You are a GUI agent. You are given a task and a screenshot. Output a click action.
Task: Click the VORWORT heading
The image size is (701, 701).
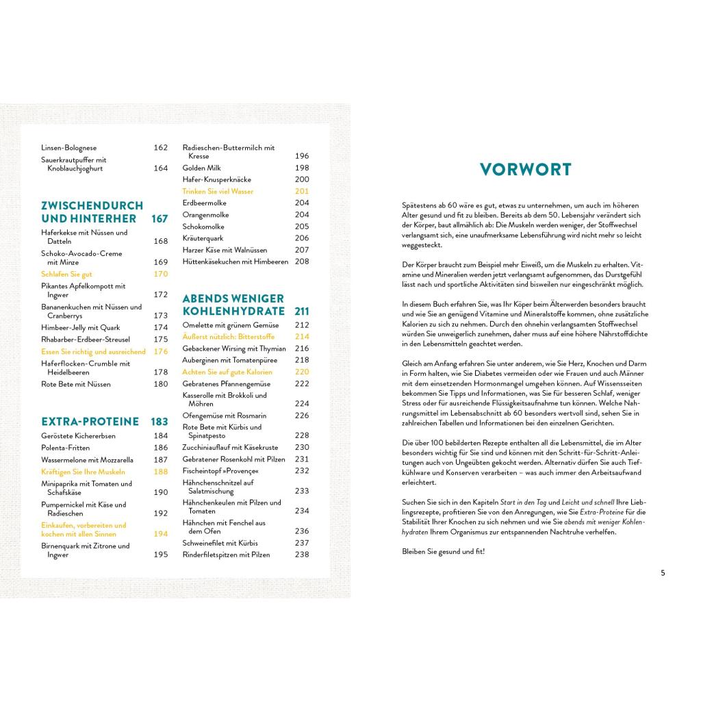point(525,169)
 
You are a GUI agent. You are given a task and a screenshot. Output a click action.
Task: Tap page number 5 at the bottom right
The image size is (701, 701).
point(663,573)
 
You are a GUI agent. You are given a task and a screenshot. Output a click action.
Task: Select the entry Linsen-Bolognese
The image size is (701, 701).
point(68,147)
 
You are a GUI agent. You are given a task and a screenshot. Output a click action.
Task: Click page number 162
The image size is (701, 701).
point(160,147)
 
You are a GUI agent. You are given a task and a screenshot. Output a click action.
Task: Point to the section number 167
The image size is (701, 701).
point(160,219)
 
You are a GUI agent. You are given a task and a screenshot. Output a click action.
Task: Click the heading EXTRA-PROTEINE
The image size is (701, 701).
point(90,422)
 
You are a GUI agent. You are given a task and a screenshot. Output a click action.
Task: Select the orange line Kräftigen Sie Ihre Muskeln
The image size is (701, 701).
point(83,472)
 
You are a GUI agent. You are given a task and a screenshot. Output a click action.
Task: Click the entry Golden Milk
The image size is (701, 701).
point(202,168)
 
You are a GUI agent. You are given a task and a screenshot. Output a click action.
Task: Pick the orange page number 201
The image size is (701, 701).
point(302,191)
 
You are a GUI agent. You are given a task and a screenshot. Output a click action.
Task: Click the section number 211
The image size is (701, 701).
point(302,311)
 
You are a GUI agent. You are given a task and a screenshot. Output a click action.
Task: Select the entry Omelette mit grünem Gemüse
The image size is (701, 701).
point(230,324)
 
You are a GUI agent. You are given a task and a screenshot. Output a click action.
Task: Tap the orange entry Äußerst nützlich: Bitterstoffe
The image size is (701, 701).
point(228,337)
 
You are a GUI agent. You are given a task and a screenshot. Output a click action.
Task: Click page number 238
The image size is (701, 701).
point(302,555)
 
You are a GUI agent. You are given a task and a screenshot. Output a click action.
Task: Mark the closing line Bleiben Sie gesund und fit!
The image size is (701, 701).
point(443,551)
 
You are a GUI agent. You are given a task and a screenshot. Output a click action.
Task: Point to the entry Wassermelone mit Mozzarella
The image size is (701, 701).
point(87,460)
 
